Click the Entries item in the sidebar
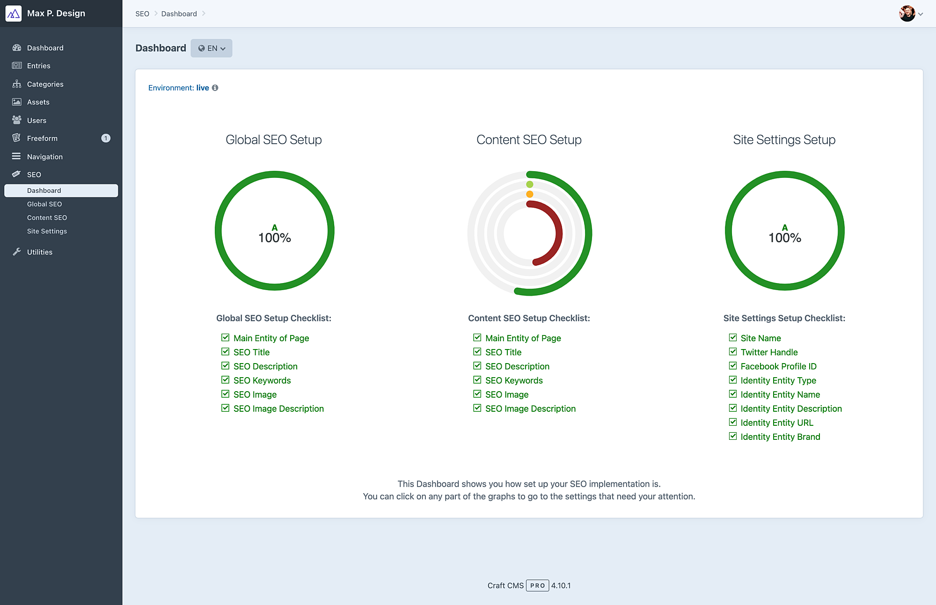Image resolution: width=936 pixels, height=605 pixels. [38, 66]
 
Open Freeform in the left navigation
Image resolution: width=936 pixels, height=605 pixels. [42, 138]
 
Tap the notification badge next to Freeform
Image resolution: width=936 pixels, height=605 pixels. [106, 138]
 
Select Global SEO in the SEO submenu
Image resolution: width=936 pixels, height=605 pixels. [44, 204]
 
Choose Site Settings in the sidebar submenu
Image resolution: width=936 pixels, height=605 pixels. [47, 231]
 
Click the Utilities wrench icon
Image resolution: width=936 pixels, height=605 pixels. [17, 252]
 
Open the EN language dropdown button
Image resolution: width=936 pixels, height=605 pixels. [212, 48]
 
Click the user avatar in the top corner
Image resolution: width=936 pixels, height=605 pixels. [907, 14]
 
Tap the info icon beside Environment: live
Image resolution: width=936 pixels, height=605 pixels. [215, 87]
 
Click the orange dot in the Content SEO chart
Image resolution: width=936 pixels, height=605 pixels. [530, 194]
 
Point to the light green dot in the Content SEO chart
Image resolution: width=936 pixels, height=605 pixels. [530, 184]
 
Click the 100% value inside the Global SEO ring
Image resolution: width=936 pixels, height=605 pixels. [275, 238]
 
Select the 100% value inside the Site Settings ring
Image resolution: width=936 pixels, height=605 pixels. [785, 238]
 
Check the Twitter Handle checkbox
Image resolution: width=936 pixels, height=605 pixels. [733, 352]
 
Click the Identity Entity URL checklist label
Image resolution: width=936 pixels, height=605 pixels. [777, 423]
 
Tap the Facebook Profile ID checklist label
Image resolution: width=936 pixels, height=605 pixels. [778, 366]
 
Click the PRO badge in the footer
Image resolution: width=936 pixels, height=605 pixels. [537, 585]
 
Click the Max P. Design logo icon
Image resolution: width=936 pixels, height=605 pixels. [14, 14]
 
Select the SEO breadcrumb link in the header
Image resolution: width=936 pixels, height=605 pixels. [142, 14]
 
